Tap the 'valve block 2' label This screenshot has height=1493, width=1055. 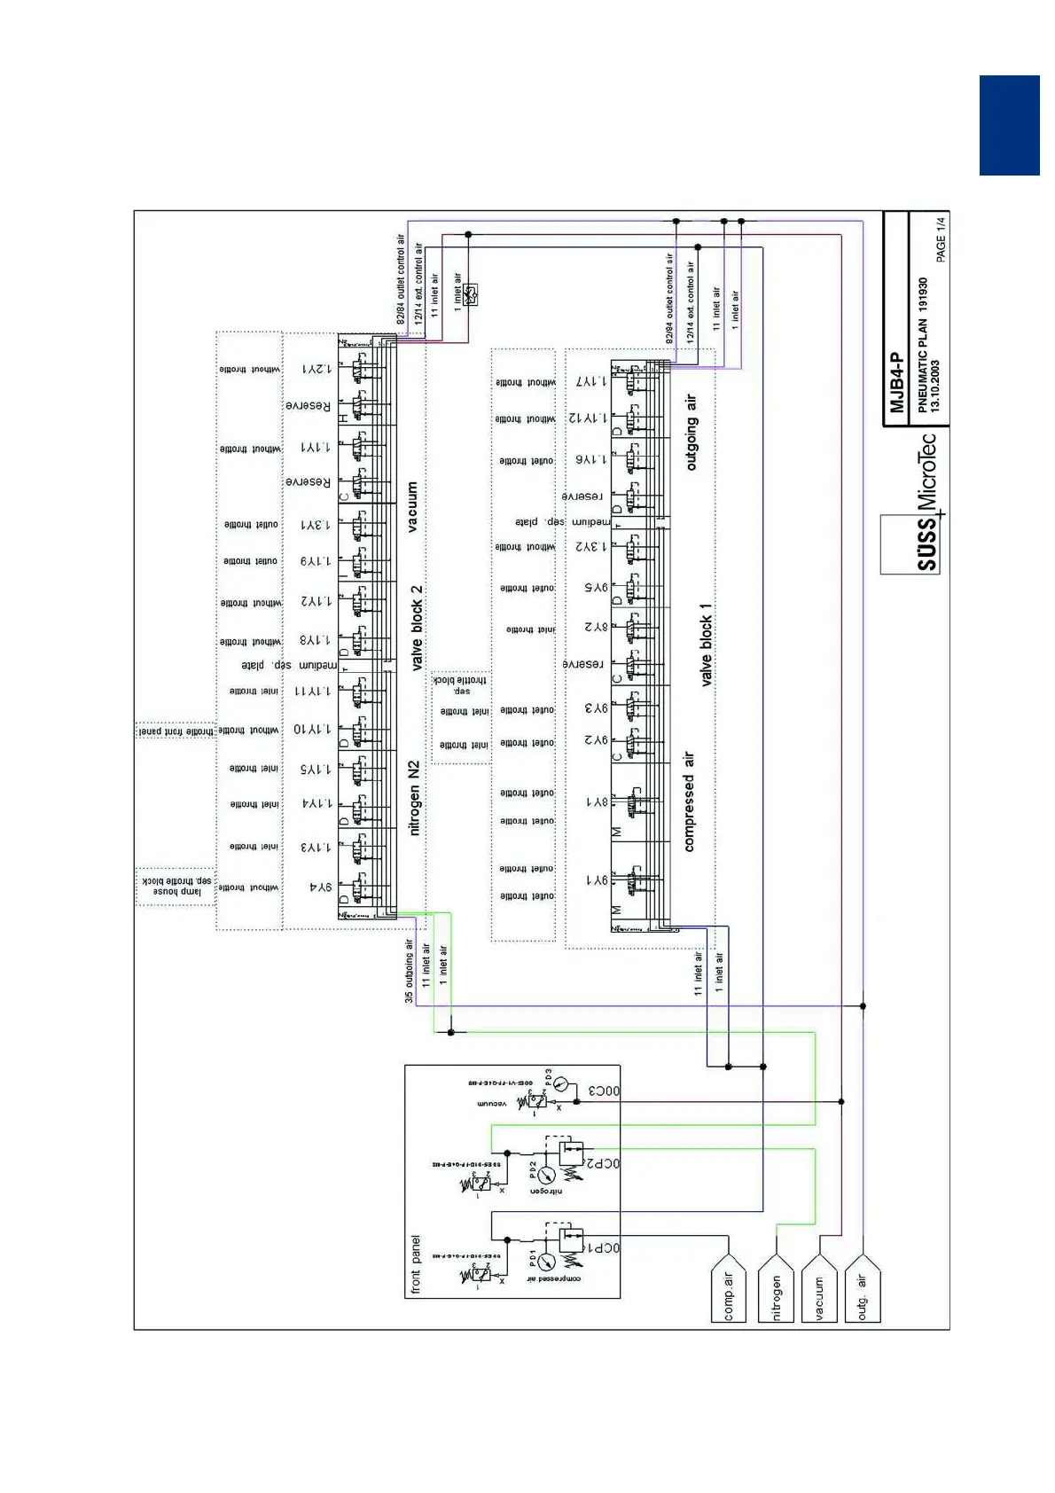point(417,628)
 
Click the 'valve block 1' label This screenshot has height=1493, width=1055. point(706,645)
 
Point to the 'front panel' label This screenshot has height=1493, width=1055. point(416,1265)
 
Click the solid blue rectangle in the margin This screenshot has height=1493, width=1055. point(1009,125)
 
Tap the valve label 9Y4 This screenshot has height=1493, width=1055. point(320,887)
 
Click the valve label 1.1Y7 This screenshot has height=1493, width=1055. point(591,381)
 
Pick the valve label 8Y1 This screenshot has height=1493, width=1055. point(597,802)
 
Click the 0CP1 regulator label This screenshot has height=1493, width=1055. point(603,1248)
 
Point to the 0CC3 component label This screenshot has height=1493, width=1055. point(603,1091)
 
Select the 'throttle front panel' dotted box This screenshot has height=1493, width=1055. point(176,731)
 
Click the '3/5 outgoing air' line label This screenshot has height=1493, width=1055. point(409,971)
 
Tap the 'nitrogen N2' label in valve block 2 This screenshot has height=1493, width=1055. point(414,797)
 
